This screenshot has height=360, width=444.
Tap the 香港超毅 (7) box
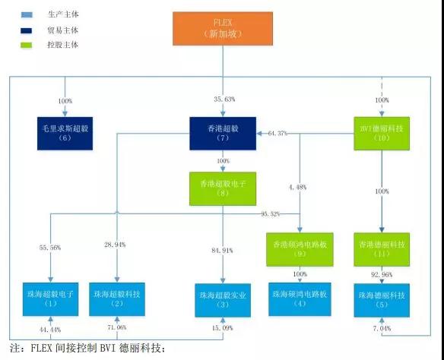223,134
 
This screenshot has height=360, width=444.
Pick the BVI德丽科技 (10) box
380,134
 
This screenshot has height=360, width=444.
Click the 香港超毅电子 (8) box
224,188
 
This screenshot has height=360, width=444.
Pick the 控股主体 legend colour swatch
27,44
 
